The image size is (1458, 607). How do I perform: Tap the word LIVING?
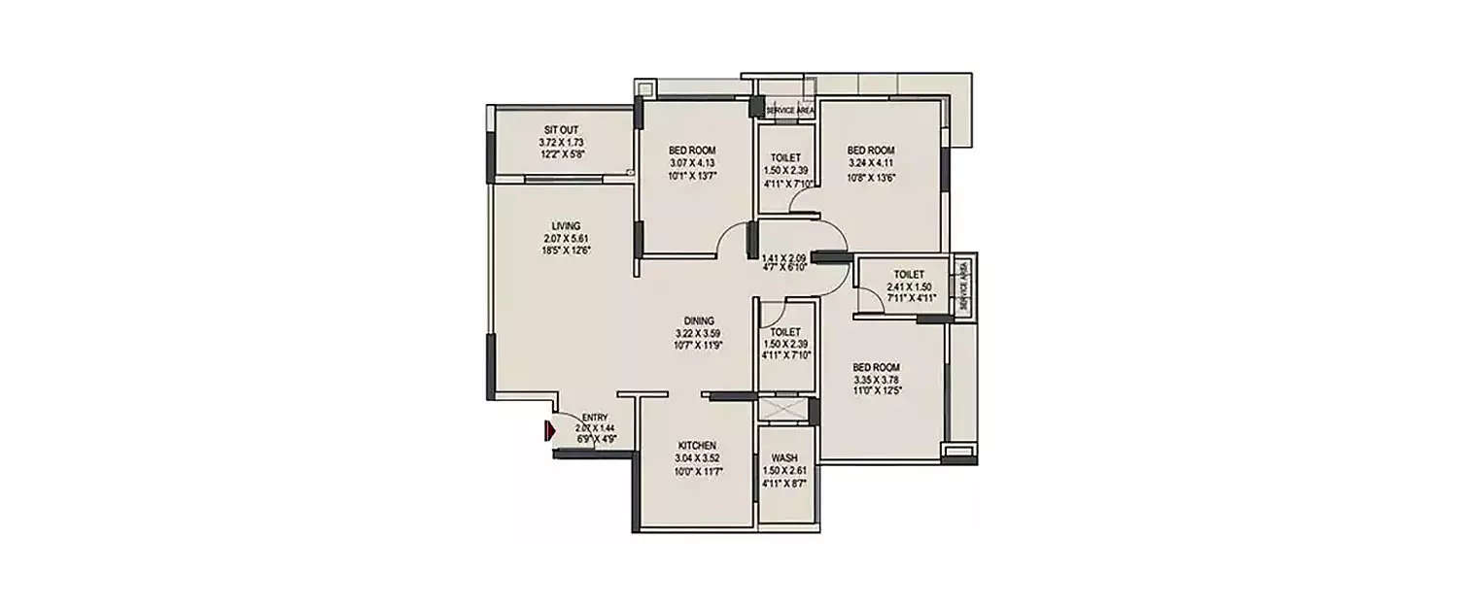tap(566, 226)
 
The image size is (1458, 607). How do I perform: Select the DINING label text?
tap(699, 320)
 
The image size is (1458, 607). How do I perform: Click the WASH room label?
tap(785, 457)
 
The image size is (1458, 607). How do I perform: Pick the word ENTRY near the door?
tap(595, 418)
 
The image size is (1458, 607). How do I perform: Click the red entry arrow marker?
tap(548, 428)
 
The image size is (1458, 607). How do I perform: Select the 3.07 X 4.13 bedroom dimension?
tap(692, 163)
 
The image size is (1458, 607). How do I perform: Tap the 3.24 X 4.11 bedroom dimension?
tap(870, 164)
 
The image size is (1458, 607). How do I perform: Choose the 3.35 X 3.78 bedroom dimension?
tap(876, 379)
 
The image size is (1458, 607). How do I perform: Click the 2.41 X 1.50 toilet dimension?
tap(910, 287)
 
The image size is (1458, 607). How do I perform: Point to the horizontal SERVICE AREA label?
tap(789, 111)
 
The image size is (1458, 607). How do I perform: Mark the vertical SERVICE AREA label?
tap(963, 287)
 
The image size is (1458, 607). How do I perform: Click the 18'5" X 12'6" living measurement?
tap(566, 250)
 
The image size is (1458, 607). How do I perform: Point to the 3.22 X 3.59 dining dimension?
tap(699, 332)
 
